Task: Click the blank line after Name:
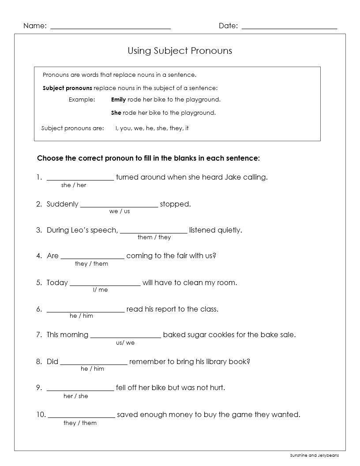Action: [111, 28]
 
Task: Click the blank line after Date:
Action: [289, 28]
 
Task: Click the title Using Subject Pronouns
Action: [180, 51]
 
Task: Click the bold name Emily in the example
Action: [118, 100]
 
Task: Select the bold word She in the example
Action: [116, 113]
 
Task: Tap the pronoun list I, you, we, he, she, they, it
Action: [152, 128]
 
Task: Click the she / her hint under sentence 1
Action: [74, 185]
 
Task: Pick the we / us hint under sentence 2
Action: [120, 211]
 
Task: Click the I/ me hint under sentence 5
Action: [100, 290]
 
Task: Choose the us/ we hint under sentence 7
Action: [125, 343]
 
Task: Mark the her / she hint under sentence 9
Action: [76, 396]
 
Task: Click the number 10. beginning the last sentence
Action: [41, 414]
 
